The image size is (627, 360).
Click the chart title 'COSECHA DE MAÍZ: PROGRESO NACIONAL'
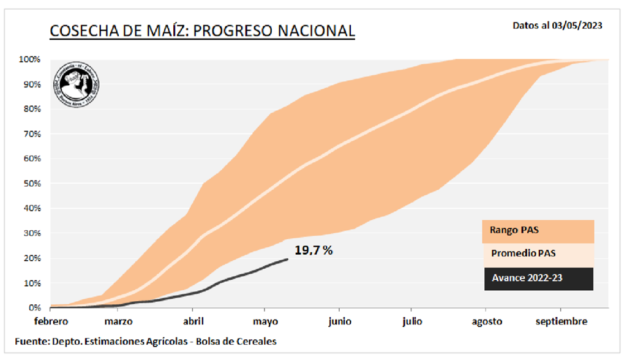201,31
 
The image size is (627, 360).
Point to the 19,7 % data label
313,250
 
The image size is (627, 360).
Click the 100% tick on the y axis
29,59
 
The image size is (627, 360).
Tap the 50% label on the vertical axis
31,184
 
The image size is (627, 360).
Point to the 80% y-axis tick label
31,109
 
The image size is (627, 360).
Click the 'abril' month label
193,321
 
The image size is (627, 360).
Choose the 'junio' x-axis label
339,321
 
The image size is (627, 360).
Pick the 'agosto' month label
487,321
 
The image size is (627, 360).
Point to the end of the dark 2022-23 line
287,259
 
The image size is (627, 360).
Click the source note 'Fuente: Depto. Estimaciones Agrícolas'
146,341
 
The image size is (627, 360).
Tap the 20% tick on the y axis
31,258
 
